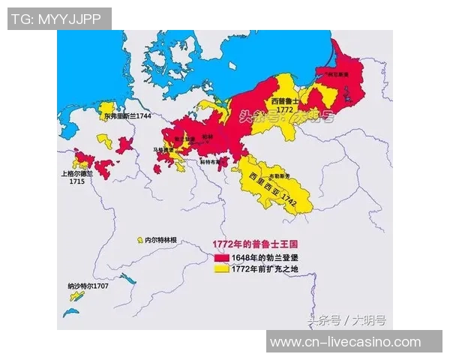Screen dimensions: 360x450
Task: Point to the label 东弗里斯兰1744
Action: click(x=127, y=117)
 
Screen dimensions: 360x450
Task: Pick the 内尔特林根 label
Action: click(x=161, y=240)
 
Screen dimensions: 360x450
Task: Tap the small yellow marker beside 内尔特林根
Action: click(x=139, y=240)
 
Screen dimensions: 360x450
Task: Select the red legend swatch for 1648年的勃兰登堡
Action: click(x=222, y=257)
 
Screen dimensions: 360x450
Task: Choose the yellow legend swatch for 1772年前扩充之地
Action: click(x=222, y=268)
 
